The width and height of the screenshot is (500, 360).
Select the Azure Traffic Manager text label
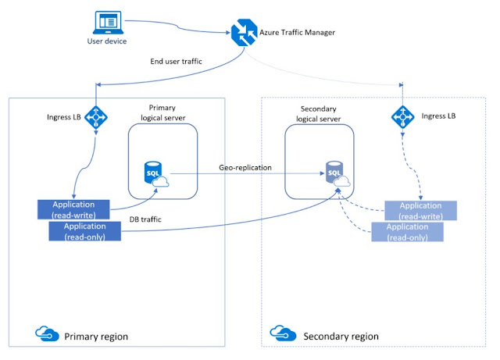tap(303, 33)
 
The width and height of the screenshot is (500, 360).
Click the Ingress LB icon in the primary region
tap(95, 118)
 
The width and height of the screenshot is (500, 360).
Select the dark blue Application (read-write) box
tap(76, 209)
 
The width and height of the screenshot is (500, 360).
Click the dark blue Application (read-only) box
tap(85, 230)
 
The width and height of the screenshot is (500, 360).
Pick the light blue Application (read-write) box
tap(420, 209)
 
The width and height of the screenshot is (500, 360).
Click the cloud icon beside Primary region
tap(46, 335)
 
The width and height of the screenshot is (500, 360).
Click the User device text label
tap(106, 41)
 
